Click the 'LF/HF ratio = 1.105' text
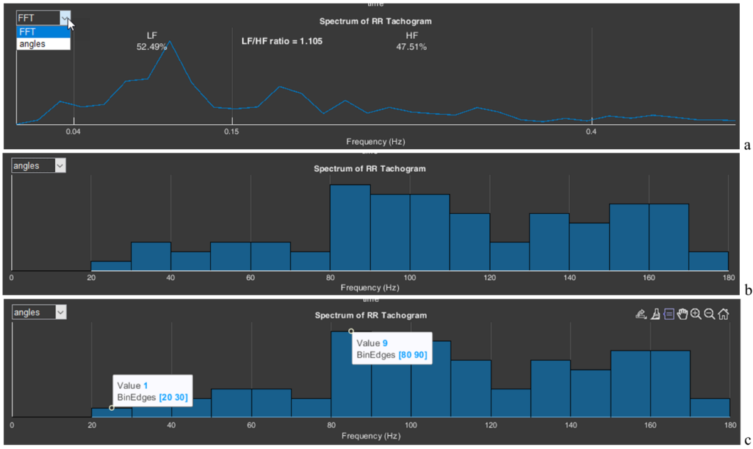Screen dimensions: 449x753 point(282,41)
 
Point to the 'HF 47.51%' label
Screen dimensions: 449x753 point(412,41)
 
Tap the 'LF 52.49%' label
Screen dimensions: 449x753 point(151,41)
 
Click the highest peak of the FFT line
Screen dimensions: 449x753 point(169,41)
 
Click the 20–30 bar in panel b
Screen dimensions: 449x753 point(111,267)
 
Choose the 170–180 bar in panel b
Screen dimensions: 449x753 point(708,261)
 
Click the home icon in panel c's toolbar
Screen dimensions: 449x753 point(724,315)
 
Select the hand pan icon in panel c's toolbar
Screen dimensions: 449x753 point(682,315)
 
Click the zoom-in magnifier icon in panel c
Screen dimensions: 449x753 point(696,315)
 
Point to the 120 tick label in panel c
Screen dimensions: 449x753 point(491,425)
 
